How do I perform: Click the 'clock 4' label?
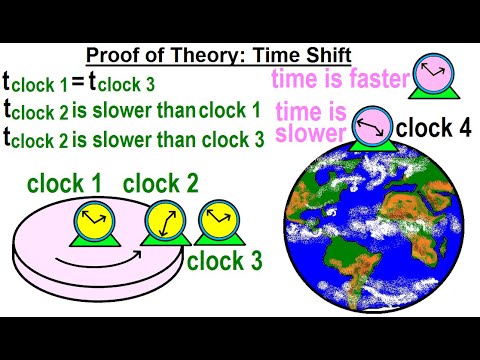431,128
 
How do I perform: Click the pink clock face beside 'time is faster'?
434,71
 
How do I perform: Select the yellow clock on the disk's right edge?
161,221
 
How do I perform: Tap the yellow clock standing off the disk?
212,221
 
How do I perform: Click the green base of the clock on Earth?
370,147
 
